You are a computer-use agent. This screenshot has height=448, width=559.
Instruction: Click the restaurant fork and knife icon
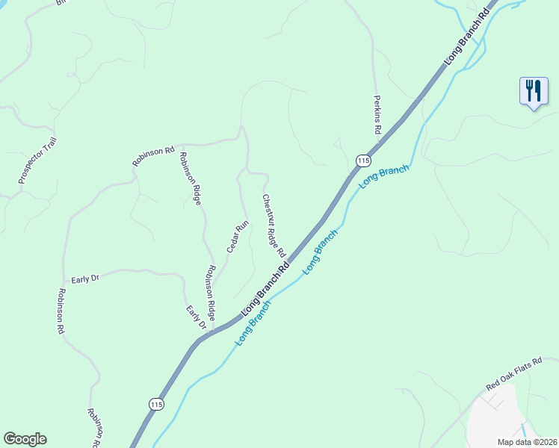click(x=533, y=92)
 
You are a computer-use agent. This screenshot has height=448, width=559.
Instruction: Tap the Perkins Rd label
click(x=378, y=113)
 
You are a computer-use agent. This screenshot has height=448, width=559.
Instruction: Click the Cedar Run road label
click(x=238, y=237)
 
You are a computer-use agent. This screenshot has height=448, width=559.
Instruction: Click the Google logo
click(x=25, y=439)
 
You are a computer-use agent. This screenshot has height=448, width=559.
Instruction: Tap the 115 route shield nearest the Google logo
click(x=155, y=404)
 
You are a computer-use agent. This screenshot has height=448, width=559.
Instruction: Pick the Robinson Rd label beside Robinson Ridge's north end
click(x=153, y=155)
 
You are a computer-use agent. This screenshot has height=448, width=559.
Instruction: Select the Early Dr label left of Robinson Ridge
click(x=85, y=279)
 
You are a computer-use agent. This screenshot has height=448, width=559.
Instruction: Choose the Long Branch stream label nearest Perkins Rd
click(x=384, y=177)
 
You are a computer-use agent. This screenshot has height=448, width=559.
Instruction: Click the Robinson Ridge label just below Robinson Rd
click(x=190, y=178)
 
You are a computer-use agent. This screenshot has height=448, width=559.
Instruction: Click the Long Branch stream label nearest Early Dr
click(x=252, y=323)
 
